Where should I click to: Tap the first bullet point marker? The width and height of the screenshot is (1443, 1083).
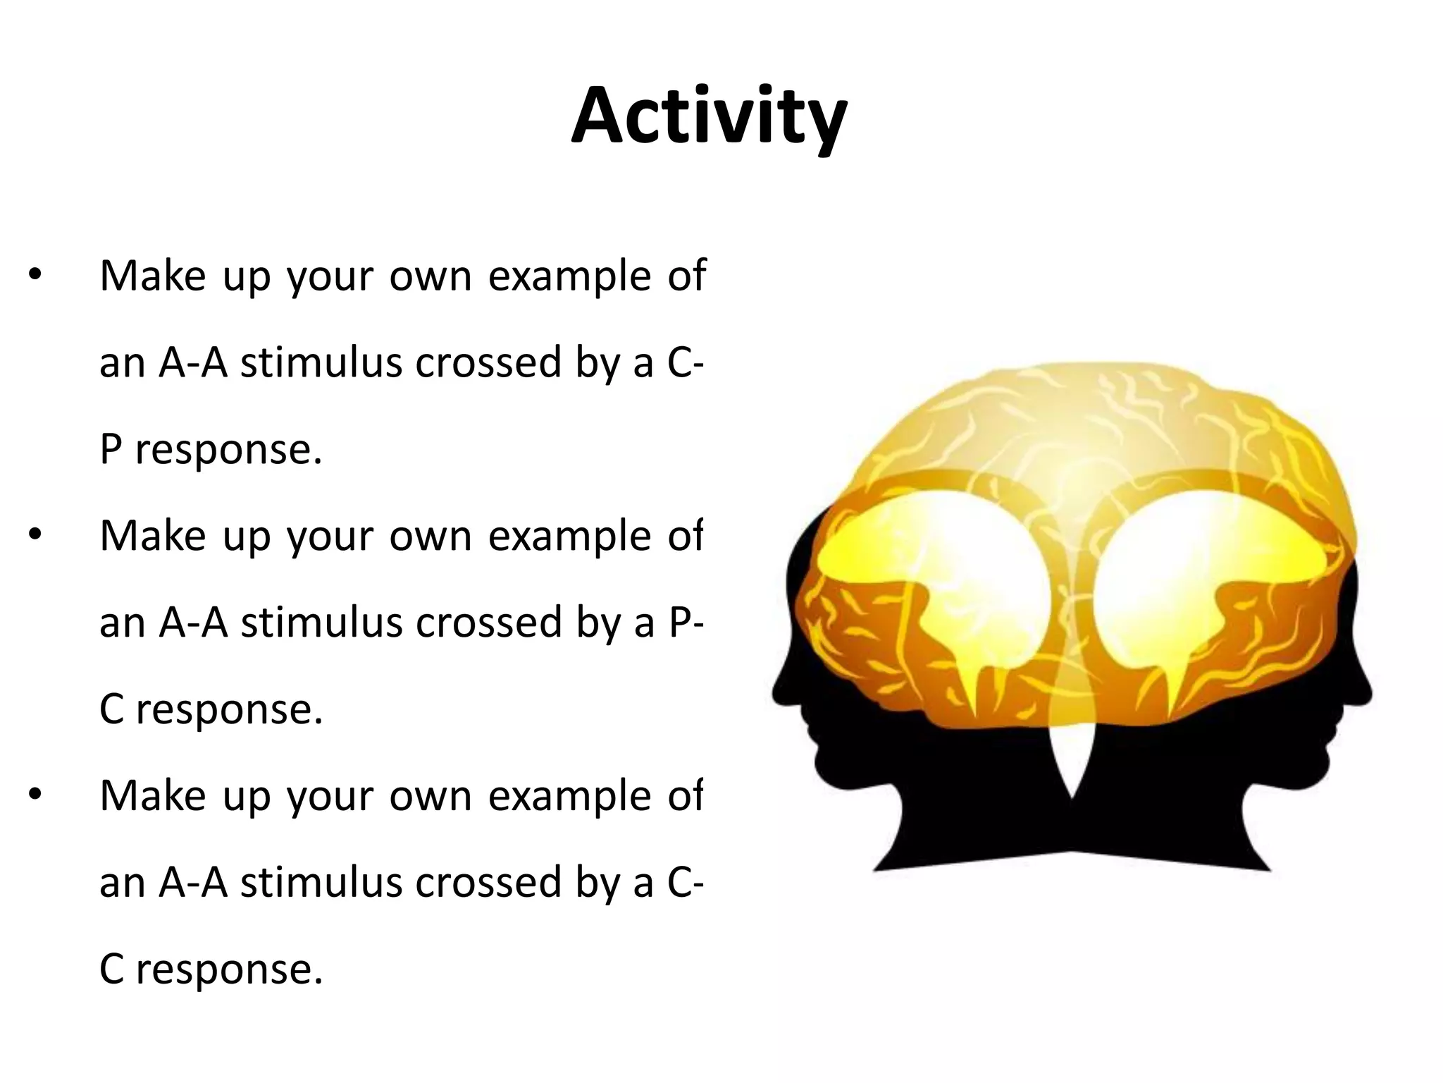[x=35, y=276]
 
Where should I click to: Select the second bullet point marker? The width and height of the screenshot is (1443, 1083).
[x=35, y=536]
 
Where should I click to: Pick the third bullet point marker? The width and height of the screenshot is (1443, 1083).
[x=35, y=796]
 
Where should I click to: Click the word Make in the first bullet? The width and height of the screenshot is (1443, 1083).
[x=154, y=276]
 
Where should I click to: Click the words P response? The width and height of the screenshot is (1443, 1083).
[x=211, y=449]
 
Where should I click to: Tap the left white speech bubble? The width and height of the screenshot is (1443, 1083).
[x=937, y=564]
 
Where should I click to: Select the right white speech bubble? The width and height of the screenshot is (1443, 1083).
[x=1198, y=564]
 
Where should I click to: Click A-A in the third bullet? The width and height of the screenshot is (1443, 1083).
[x=193, y=882]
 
